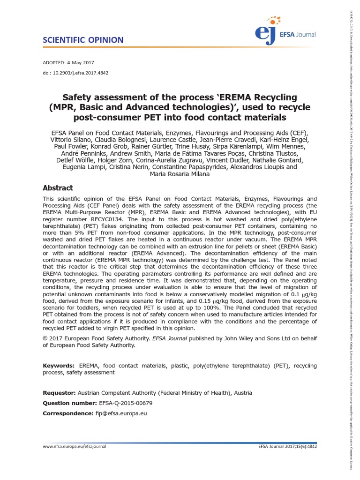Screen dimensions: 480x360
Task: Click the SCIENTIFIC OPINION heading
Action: [x=83, y=40]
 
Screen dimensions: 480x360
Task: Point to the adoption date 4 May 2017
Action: [x=82, y=62]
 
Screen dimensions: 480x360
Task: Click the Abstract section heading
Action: [x=58, y=188]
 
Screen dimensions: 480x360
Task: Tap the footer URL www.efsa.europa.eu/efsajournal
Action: [x=75, y=447]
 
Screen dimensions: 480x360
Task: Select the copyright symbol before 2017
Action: [x=45, y=339]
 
